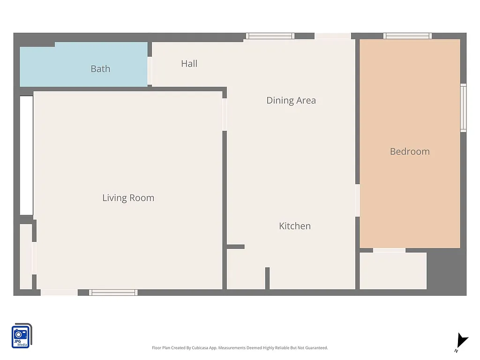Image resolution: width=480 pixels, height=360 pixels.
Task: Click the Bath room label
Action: coord(100,69)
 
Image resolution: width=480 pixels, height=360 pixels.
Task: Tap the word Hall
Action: coord(189,64)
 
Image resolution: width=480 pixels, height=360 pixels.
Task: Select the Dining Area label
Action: coord(291,100)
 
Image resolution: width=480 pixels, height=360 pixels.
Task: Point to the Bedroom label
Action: coord(410,151)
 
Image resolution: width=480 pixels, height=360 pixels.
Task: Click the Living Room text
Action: coord(128,198)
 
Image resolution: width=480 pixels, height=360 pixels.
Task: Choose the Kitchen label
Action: coord(294,226)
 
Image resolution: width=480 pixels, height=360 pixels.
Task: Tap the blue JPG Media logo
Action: coord(21,336)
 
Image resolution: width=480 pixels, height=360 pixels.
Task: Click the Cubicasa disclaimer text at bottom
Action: coord(240,348)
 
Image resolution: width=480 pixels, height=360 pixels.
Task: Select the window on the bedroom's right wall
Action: coord(463,108)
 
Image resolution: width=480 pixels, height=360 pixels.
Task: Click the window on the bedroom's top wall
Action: coord(407,36)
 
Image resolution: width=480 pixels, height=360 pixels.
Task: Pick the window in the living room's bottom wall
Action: coord(113,292)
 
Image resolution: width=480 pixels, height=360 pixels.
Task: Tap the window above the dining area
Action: coord(270,36)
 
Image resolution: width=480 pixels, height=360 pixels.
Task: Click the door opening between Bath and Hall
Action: coord(150,71)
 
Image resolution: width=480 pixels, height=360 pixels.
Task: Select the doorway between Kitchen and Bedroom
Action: coord(357,200)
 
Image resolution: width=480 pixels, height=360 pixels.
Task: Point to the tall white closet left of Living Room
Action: coord(26,155)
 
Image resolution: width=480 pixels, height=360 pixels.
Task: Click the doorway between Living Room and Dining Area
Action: coord(225,114)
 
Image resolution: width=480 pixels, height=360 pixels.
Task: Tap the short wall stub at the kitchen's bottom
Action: coord(267,278)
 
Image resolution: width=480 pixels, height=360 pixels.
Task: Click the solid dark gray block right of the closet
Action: coord(446,272)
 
